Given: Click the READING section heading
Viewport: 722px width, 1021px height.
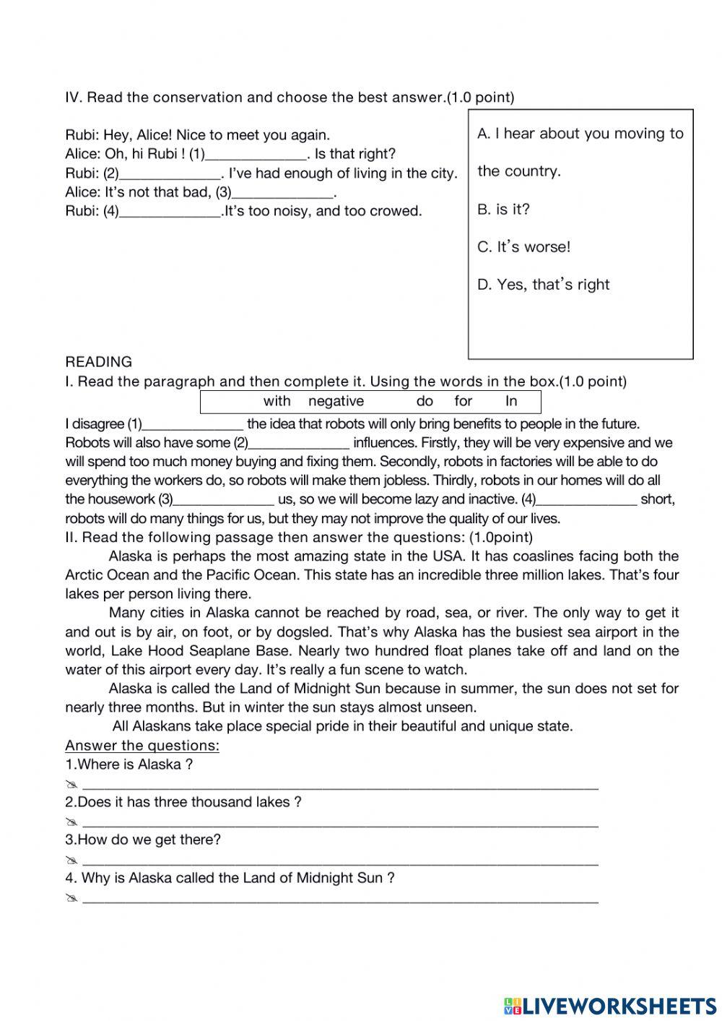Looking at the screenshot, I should pos(98,362).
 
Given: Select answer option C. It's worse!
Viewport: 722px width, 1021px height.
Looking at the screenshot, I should pos(523,247).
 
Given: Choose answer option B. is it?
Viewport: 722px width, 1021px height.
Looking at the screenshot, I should pos(503,210).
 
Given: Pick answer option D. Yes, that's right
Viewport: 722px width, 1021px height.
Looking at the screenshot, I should pos(543,285).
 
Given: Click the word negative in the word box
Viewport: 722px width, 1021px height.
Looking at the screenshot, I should pos(336,402).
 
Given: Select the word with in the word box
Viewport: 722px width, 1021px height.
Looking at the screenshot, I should pos(277,402).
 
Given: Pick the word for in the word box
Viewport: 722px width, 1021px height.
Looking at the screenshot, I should pos(463,402).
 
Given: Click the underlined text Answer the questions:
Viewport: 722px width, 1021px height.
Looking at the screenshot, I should pos(142,746).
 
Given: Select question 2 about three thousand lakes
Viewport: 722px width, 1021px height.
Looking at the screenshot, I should pos(183,802).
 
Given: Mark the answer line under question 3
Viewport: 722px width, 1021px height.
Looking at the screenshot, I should pos(340,861).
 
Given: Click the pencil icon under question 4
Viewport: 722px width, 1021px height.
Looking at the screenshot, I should pos(71,900).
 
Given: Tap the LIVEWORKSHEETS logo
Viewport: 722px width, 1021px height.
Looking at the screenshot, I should pos(609,1005).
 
